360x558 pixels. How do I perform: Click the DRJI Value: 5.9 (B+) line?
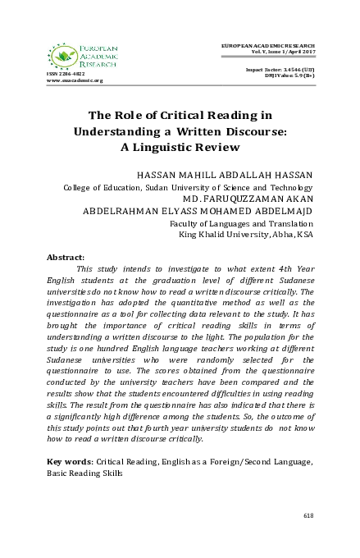(x=285, y=75)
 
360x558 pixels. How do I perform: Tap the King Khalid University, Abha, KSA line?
(x=245, y=233)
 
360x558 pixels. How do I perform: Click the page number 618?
(x=308, y=515)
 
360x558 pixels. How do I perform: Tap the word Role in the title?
(x=150, y=113)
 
